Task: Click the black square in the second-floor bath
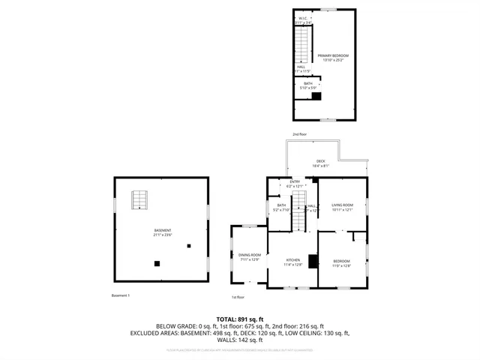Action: (x=316, y=95)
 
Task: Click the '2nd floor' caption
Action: (x=299, y=134)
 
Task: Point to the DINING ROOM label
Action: (x=250, y=256)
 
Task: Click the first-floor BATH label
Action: (x=280, y=207)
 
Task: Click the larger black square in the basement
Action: (x=157, y=263)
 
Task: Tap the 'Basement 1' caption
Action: (x=121, y=295)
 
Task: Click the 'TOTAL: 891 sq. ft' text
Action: (x=239, y=319)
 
